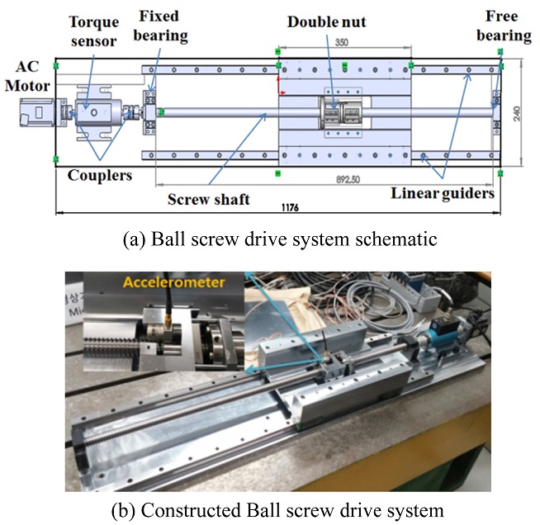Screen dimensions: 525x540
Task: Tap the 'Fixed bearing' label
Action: pyautogui.click(x=163, y=26)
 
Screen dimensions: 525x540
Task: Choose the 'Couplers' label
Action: pyautogui.click(x=99, y=175)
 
